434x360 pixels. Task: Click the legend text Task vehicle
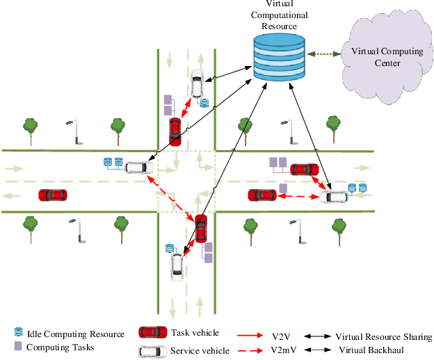point(195,333)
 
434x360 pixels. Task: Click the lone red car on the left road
point(53,195)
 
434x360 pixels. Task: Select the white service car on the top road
point(197,84)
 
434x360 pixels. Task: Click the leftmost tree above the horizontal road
point(29,127)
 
